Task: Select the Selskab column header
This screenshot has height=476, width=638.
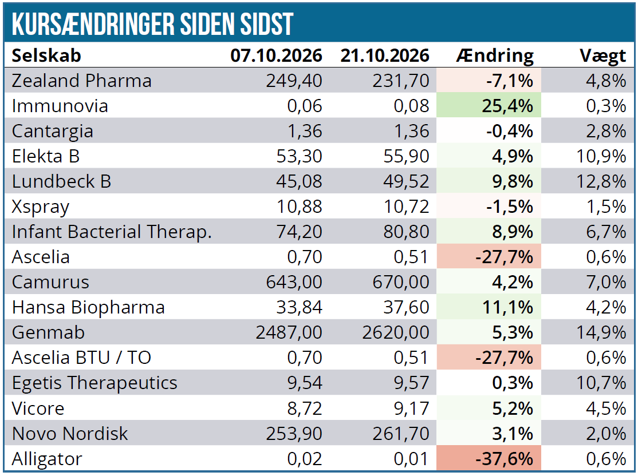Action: click(46, 55)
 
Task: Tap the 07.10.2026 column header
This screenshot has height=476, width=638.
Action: click(276, 55)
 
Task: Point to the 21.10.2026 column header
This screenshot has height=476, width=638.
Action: click(385, 55)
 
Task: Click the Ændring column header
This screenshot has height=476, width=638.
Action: click(495, 56)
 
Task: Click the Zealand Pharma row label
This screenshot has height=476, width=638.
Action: click(82, 81)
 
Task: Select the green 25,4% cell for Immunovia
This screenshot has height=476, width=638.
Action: click(489, 106)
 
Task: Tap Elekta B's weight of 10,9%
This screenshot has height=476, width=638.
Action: click(601, 156)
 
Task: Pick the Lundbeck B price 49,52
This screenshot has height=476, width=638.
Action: click(406, 181)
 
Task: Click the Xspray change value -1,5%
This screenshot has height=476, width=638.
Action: click(509, 207)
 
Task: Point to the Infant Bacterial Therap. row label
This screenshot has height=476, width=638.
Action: click(112, 232)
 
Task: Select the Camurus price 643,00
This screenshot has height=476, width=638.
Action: click(294, 282)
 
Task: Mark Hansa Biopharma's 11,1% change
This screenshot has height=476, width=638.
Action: click(507, 307)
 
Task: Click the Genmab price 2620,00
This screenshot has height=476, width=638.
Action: click(396, 332)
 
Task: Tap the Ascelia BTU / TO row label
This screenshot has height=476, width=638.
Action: click(81, 358)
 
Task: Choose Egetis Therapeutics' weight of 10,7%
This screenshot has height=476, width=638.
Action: click(601, 383)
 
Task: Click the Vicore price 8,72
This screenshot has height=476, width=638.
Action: click(305, 408)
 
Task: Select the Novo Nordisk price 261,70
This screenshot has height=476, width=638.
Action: click(401, 434)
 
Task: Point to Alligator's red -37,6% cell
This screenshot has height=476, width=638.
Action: click(489, 458)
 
